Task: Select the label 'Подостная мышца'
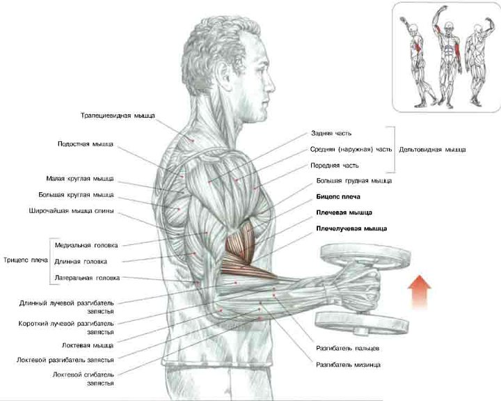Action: pyautogui.click(x=86, y=144)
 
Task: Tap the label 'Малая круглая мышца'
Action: pyautogui.click(x=80, y=178)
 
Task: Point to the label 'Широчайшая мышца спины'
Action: pyautogui.click(x=72, y=211)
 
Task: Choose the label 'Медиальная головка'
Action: pyautogui.click(x=86, y=245)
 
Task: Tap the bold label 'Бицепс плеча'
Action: pyautogui.click(x=338, y=196)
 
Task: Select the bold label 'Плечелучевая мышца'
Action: pyautogui.click(x=351, y=228)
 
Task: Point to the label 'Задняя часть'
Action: pyautogui.click(x=331, y=132)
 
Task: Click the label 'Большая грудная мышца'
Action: pyautogui.click(x=353, y=181)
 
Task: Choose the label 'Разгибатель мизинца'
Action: pyautogui.click(x=348, y=365)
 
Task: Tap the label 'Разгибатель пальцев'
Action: pyautogui.click(x=347, y=347)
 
